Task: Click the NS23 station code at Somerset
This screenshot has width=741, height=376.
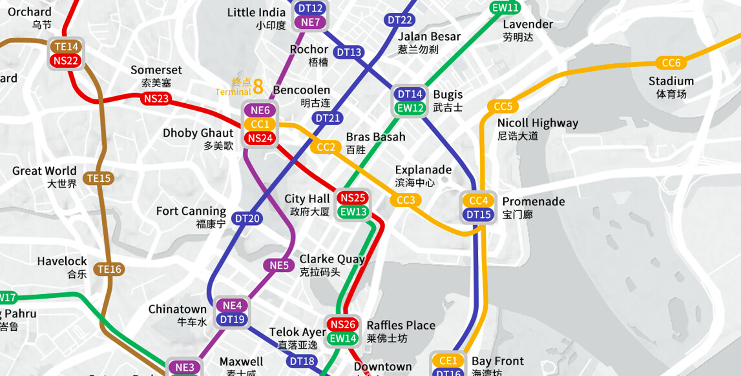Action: click(x=156, y=99)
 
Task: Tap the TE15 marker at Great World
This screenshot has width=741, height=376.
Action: click(x=99, y=179)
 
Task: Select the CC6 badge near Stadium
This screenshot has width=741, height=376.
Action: click(x=671, y=63)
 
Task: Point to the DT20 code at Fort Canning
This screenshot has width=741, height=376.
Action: click(x=247, y=219)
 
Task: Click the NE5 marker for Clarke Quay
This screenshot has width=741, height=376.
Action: click(x=278, y=266)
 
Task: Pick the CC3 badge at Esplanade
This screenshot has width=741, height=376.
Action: click(x=406, y=201)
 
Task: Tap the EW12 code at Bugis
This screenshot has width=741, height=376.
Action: click(x=410, y=108)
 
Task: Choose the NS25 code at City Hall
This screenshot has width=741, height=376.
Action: click(x=353, y=198)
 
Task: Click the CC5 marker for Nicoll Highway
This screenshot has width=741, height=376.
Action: click(x=503, y=107)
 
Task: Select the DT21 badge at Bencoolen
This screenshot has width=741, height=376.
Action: click(x=328, y=118)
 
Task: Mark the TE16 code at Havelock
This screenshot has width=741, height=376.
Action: click(x=109, y=270)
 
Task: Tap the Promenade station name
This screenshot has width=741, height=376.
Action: click(x=533, y=202)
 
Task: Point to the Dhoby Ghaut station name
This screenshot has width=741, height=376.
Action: click(x=198, y=134)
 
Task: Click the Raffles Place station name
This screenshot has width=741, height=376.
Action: click(x=401, y=326)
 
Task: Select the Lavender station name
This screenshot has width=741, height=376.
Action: click(x=528, y=25)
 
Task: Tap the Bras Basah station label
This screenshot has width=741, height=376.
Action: click(x=375, y=137)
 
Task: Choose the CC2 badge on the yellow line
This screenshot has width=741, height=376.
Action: click(x=326, y=147)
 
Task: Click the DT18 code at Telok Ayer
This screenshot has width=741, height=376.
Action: click(x=302, y=361)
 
